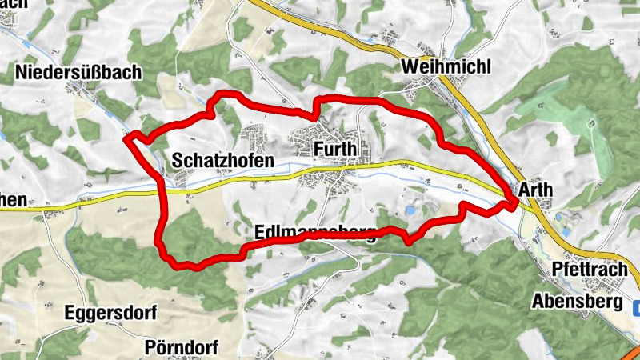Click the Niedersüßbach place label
[78, 72]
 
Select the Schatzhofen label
[222, 161]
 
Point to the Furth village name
[335, 150]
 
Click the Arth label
[535, 190]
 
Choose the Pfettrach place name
[590, 269]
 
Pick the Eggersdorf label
[111, 312]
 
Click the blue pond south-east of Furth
[410, 210]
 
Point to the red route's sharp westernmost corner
[126, 138]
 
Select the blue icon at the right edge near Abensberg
[635, 306]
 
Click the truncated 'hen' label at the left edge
[14, 200]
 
